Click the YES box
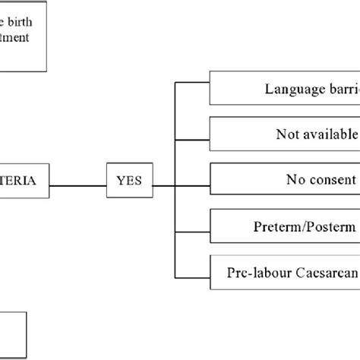pos(129,182)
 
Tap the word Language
pos(292,89)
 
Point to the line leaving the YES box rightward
pos(163,182)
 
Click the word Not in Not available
pos(288,134)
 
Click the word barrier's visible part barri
pos(341,89)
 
